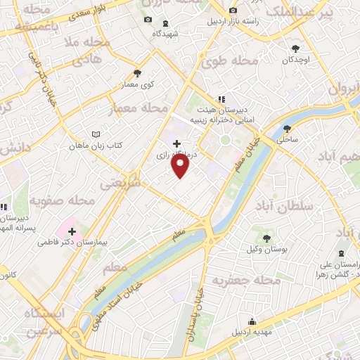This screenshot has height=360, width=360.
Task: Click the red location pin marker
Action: click(181, 165)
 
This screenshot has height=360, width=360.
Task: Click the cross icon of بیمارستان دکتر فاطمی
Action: click(72, 231)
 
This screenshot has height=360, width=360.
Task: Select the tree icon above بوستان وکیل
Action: click(266, 239)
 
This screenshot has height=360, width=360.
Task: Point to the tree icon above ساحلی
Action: click(287, 129)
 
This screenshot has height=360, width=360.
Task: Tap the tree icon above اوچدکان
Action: click(296, 49)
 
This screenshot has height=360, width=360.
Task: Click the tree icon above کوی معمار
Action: click(138, 73)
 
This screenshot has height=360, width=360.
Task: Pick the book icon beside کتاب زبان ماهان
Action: click(97, 134)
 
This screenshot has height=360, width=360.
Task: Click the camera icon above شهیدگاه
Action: click(148, 20)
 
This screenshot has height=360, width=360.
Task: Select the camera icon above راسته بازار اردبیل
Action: click(232, 11)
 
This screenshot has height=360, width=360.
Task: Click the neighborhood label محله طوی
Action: click(224, 62)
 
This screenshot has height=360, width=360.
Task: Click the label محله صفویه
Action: click(61, 201)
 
